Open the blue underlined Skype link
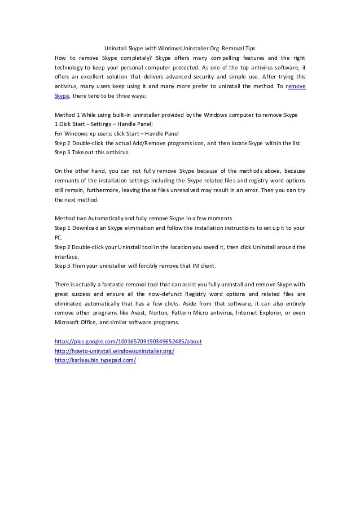point(61,96)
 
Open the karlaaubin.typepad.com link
point(95,361)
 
